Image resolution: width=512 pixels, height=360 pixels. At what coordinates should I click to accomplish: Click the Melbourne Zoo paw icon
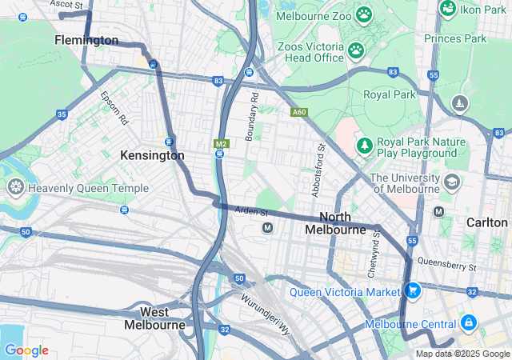(365, 14)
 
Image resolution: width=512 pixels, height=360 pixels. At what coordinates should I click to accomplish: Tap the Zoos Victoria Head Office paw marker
(356, 51)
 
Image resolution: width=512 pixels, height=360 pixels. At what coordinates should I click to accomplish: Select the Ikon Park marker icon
(448, 9)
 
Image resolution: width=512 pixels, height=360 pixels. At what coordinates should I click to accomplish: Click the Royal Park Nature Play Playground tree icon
(365, 146)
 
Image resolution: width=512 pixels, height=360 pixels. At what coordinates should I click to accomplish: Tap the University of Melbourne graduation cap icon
(451, 182)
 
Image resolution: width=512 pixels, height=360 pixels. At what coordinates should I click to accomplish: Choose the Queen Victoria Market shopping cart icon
(413, 290)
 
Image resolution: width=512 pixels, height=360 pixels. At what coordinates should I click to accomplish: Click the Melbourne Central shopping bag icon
(468, 324)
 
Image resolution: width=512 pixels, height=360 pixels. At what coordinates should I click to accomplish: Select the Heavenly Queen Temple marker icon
(14, 188)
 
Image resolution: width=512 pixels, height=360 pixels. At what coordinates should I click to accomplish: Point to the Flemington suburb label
(86, 40)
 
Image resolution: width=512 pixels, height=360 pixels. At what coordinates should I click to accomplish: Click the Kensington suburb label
(152, 155)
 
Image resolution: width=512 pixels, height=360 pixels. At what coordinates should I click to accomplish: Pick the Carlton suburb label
(487, 222)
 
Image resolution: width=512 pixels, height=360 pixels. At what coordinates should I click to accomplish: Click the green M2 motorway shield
(222, 144)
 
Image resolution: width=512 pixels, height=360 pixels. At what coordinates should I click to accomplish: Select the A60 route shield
(299, 113)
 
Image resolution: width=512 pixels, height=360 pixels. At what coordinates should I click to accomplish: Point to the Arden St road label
(250, 211)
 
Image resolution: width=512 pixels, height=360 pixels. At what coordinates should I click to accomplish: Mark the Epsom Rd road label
(114, 106)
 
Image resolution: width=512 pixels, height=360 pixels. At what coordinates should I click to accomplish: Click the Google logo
(26, 350)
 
